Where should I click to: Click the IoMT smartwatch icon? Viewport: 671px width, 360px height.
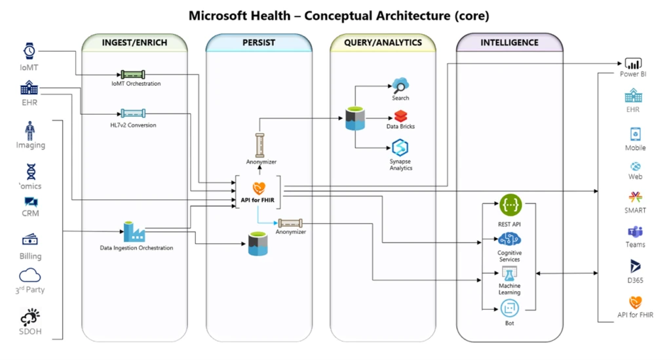[29, 51]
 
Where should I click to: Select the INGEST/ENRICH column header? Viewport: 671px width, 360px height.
[134, 43]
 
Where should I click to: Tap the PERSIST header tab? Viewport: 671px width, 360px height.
[258, 43]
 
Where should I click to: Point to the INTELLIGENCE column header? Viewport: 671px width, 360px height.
[509, 43]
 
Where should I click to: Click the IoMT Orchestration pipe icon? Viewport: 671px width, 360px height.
[133, 75]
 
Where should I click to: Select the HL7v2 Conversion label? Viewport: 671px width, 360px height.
[133, 125]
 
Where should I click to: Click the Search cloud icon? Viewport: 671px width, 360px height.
[400, 85]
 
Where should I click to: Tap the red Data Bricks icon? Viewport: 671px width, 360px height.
[400, 116]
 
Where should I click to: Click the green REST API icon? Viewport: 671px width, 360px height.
[510, 205]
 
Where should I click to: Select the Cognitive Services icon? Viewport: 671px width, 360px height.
[510, 239]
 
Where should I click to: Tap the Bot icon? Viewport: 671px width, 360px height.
[510, 308]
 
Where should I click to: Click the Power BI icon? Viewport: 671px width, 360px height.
[633, 64]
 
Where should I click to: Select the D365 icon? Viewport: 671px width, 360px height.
[635, 267]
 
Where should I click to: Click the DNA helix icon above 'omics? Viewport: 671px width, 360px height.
[31, 172]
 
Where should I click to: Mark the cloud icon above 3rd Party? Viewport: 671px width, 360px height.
[30, 275]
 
